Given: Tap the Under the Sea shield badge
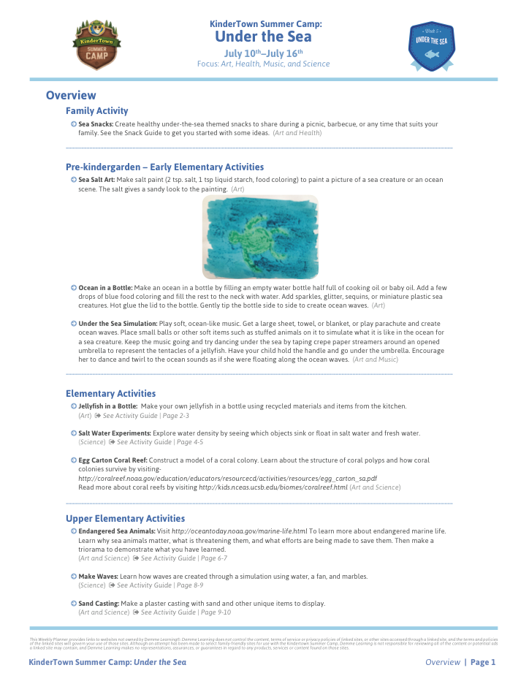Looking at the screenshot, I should coord(431,45).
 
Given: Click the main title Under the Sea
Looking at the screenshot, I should coord(264,37).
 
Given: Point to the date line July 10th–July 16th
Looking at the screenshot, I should coord(263,53).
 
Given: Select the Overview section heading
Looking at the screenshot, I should coord(71,95).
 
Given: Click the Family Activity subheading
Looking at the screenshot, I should coord(96,111).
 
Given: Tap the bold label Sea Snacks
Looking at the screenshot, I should coord(96,124).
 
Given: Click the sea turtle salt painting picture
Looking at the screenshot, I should coord(260,237).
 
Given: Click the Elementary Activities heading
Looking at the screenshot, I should coord(110,393).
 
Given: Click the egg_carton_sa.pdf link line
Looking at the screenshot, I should coord(227,477).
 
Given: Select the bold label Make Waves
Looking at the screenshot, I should coord(98,577).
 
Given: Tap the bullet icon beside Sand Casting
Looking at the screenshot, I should coord(74,604).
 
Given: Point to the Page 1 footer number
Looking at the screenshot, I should coord(483,662).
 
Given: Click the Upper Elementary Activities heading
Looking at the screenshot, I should coord(125,518).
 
